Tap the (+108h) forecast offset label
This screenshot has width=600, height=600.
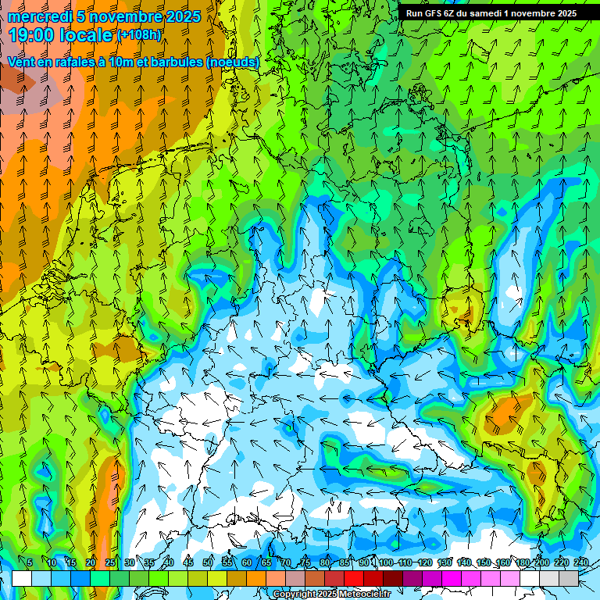point(139,34)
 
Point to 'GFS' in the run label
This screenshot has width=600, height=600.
point(434,13)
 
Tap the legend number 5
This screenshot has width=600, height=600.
point(30,562)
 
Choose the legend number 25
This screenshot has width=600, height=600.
point(109,562)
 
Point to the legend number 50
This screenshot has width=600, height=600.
point(208,562)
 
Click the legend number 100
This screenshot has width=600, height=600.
point(385,562)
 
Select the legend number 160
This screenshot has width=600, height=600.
point(503,562)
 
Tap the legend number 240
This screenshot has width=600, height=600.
point(581,562)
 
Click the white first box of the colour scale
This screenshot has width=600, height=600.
point(22,578)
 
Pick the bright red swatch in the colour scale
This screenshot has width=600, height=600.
point(354,578)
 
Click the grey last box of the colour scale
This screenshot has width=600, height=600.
point(569,578)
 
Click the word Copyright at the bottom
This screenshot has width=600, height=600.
point(295,595)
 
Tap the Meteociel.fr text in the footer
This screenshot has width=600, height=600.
point(363,595)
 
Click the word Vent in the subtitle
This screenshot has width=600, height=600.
point(21,62)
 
